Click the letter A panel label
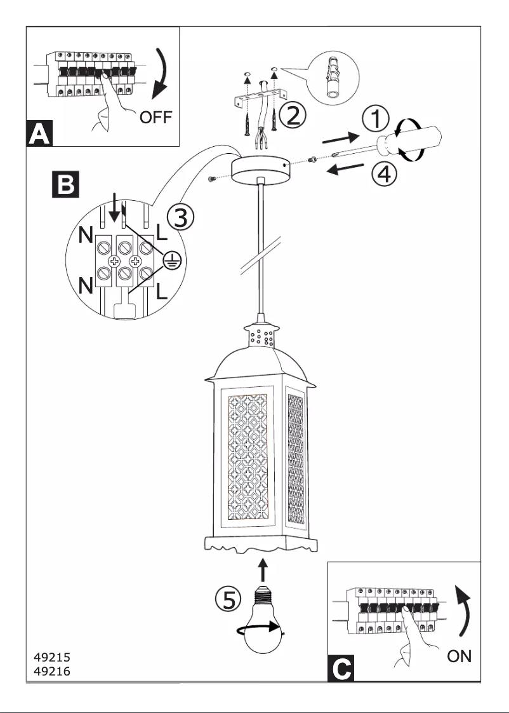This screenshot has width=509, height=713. pos(39,135)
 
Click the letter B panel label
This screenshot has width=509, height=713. pos(65,184)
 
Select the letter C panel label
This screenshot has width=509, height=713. pos(341,669)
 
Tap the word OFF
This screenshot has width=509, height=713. pos(155,118)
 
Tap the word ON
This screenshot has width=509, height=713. pos(459,656)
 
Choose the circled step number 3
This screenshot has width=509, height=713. pos(180,218)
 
